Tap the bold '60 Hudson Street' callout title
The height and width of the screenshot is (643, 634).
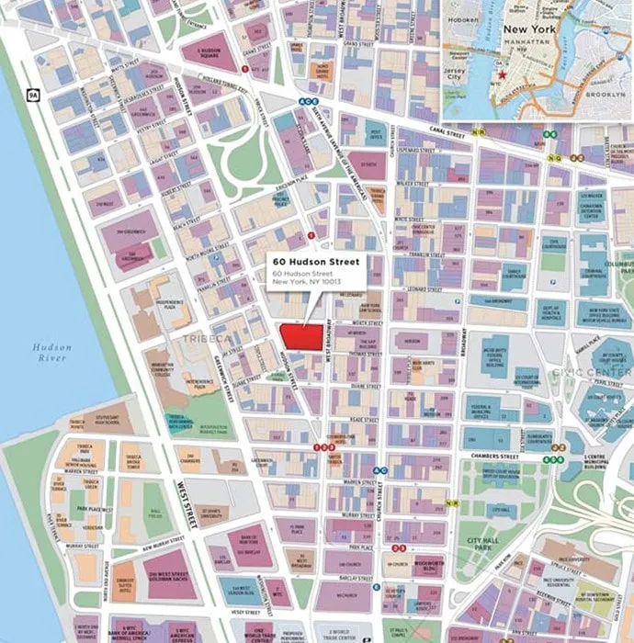pyautogui.click(x=311, y=264)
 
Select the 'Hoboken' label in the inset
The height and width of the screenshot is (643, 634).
pyautogui.click(x=466, y=16)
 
